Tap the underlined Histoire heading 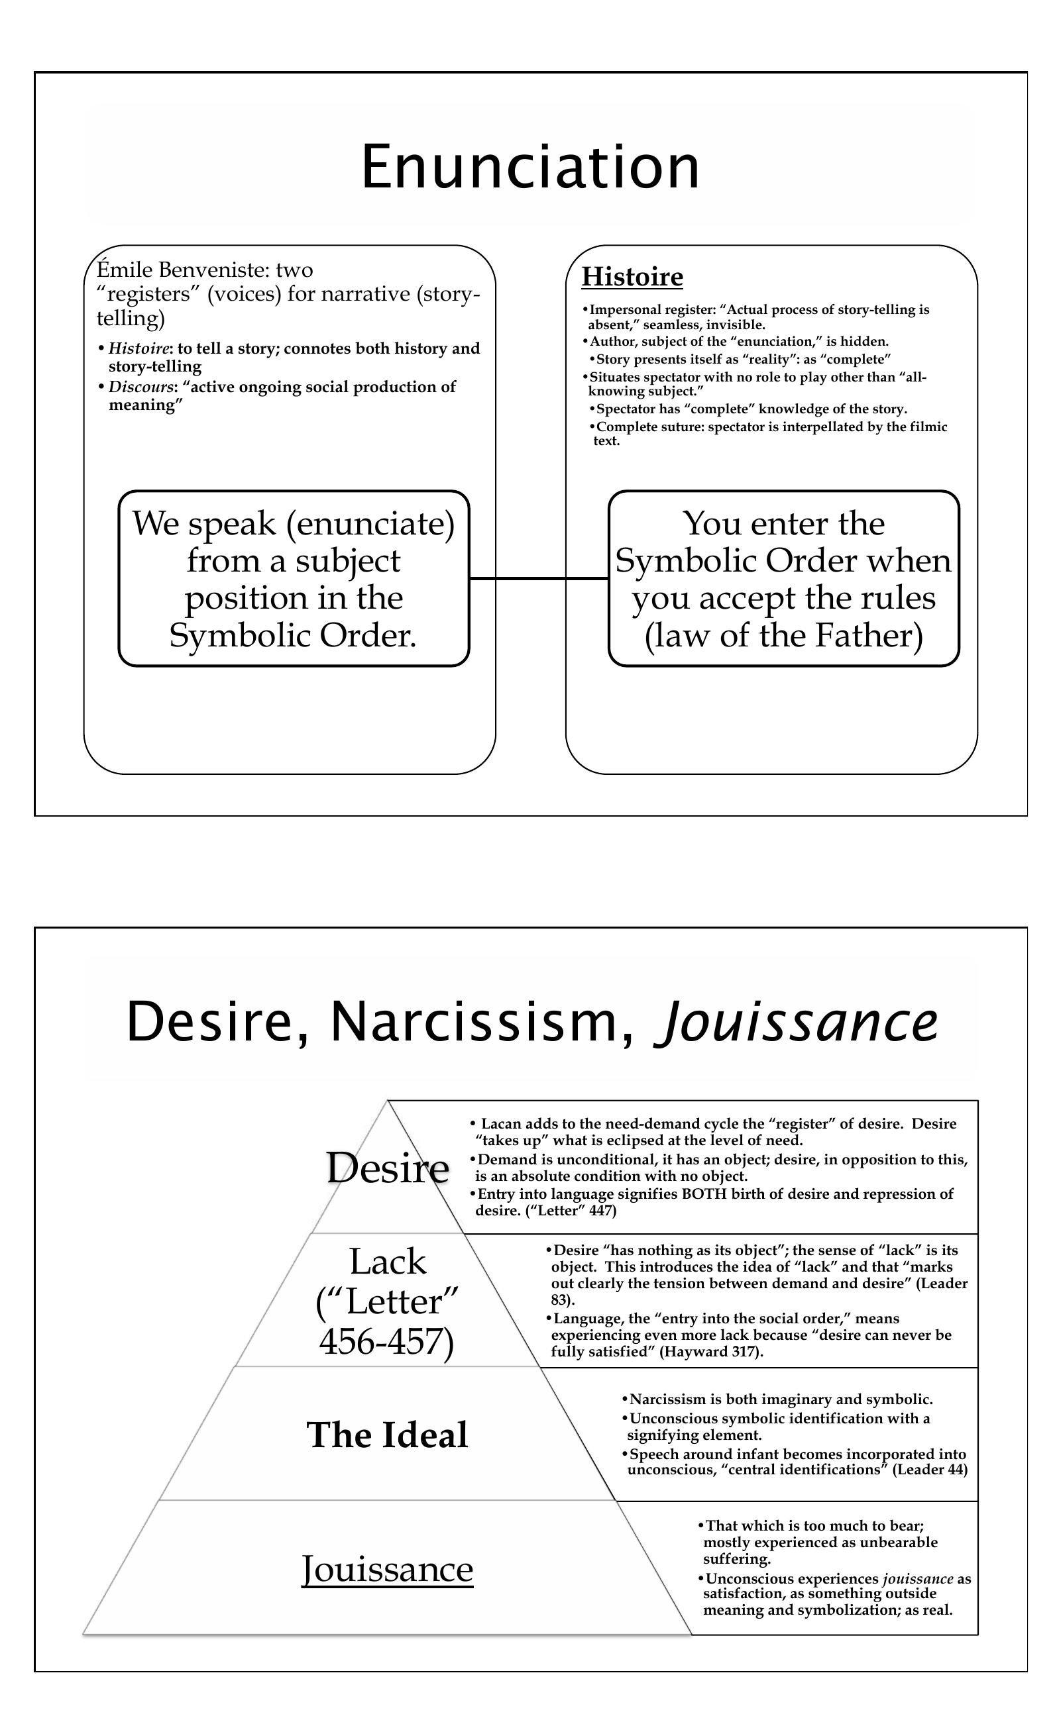pyautogui.click(x=632, y=277)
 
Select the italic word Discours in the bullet pyautogui.click(x=140, y=387)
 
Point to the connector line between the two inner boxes pyautogui.click(x=538, y=579)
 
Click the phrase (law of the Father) pyautogui.click(x=783, y=636)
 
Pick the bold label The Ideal pyautogui.click(x=387, y=1435)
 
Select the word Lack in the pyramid pyautogui.click(x=387, y=1262)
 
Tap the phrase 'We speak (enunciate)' pyautogui.click(x=294, y=524)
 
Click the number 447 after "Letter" pyautogui.click(x=601, y=1211)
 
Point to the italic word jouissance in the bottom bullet pyautogui.click(x=918, y=1578)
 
